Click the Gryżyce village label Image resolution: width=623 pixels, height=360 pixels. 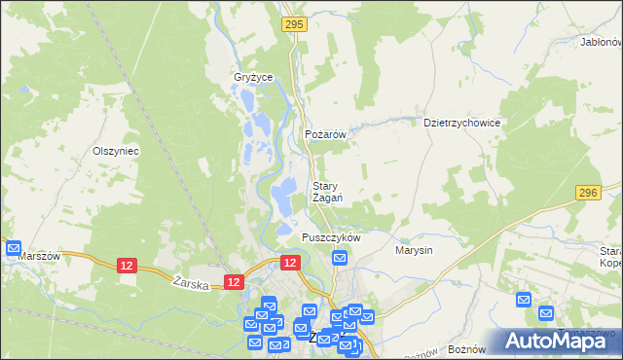pyautogui.click(x=253, y=77)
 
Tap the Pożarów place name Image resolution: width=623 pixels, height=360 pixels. pyautogui.click(x=326, y=135)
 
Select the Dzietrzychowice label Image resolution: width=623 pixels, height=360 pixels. pyautogui.click(x=461, y=124)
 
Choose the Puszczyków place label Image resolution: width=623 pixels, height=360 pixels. pyautogui.click(x=331, y=237)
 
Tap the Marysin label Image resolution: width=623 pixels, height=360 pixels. pyautogui.click(x=414, y=250)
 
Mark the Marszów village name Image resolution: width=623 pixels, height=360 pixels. pyautogui.click(x=39, y=256)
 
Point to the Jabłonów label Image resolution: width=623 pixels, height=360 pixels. pyautogui.click(x=600, y=43)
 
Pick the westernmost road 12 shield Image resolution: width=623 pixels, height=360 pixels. pyautogui.click(x=126, y=265)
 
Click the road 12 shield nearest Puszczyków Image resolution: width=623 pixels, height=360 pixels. pyautogui.click(x=290, y=263)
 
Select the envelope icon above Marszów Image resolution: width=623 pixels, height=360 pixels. pyautogui.click(x=14, y=248)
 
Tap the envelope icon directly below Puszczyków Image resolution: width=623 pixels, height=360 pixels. pyautogui.click(x=340, y=258)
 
